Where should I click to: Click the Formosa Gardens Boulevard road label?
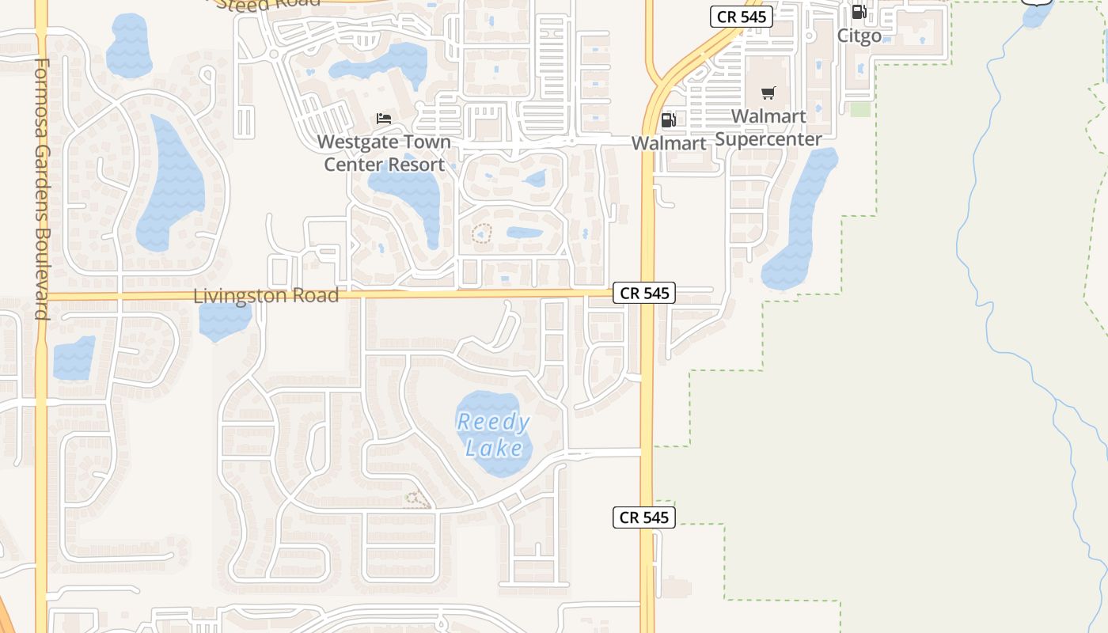pos(43,188)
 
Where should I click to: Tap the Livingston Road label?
pos(266,296)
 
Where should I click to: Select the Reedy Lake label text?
pos(494,434)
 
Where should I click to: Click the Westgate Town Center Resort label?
pos(385,154)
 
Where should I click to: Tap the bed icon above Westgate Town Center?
pos(384,119)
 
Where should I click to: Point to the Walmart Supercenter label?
pos(768,127)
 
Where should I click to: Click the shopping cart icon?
pos(768,93)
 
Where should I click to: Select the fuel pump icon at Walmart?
pos(669,120)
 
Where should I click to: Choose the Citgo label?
pos(859,36)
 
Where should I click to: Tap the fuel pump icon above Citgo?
pos(859,12)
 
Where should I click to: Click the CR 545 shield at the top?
pos(741,17)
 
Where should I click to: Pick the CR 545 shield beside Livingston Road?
pos(644,293)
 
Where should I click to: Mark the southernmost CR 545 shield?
pos(644,517)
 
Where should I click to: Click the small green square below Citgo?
pos(860,110)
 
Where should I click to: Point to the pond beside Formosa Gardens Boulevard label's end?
pos(74,357)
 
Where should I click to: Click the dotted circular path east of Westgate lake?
pos(481,233)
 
